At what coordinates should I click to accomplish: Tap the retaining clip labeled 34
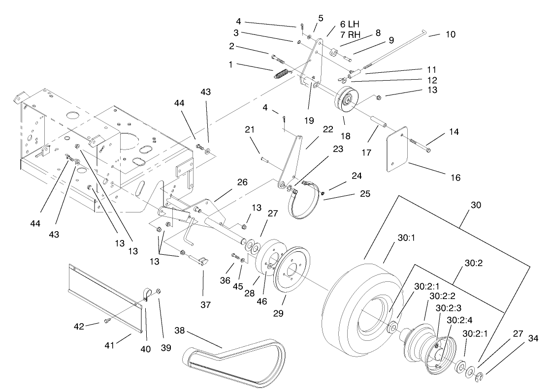[481, 377]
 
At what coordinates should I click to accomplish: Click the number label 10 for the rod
[450, 34]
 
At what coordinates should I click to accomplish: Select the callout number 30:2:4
[459, 320]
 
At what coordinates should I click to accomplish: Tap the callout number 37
[205, 305]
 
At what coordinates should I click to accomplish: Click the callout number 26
[241, 182]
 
